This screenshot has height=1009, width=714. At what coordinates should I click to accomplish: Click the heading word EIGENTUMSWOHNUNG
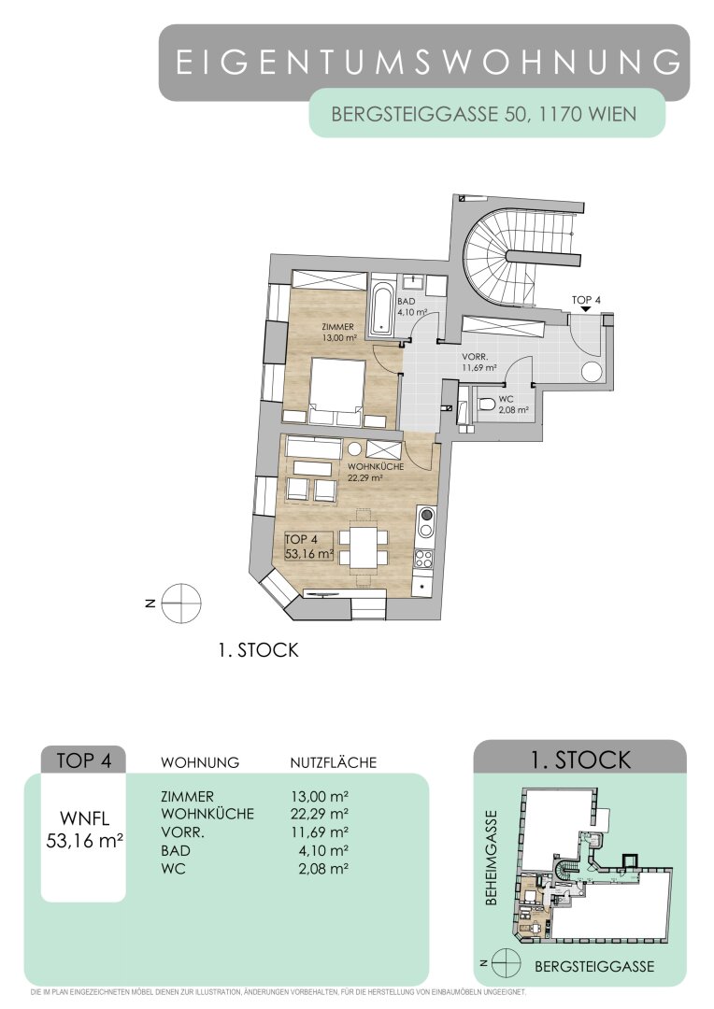coord(428,63)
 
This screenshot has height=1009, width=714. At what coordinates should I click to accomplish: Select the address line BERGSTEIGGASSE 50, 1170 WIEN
coord(483,115)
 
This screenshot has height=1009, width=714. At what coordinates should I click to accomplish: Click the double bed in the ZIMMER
coord(337,391)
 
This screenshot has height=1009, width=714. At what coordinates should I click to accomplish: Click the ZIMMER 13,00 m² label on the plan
coord(338,332)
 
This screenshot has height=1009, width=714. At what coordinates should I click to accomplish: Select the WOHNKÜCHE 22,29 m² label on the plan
coord(376,472)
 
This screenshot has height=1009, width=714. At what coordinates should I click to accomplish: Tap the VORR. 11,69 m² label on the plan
coord(479,362)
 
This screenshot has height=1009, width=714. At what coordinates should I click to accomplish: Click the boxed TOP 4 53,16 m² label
coord(309,547)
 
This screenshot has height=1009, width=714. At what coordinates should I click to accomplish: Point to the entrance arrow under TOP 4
coord(585,309)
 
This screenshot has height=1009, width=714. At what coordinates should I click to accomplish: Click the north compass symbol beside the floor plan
coord(181,604)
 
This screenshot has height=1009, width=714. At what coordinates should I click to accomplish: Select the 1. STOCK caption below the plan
coord(258,650)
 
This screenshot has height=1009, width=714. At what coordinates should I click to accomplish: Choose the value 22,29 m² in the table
coord(320,814)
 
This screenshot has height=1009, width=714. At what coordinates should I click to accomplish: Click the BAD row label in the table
coord(176,851)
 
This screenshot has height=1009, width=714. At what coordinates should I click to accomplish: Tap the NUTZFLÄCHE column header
coord(333,762)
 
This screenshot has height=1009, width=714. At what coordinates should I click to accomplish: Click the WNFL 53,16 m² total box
coord(84,830)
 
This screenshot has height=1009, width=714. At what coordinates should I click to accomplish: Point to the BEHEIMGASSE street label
coord(492,857)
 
